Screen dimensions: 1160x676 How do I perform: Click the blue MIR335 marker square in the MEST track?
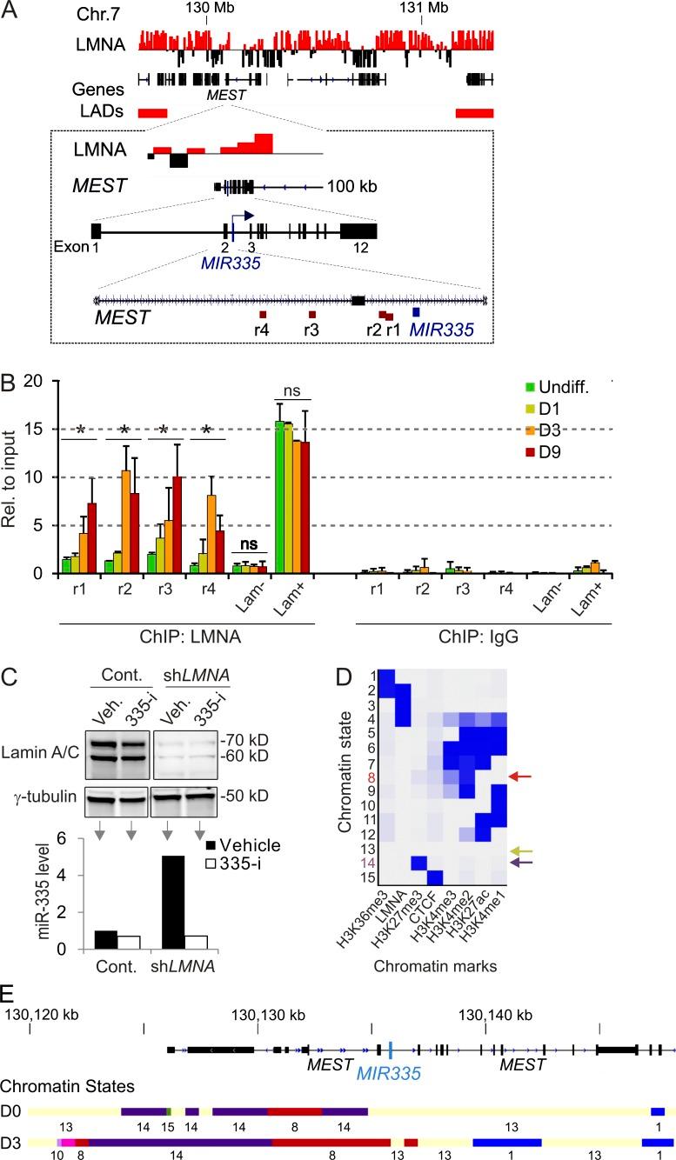[x=417, y=312]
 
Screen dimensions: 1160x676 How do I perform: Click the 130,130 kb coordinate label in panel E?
[x=258, y=1015]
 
